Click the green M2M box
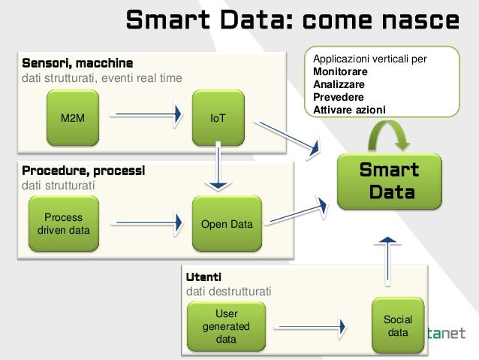pos(73,119)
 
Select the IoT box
pos(218,119)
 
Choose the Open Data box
pos(227,224)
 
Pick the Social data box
pos(398,325)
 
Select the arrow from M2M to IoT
pos(147,115)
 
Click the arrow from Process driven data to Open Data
pos(147,222)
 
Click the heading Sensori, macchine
pos(78,62)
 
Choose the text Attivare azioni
pos(350,110)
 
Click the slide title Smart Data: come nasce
pos(291,20)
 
